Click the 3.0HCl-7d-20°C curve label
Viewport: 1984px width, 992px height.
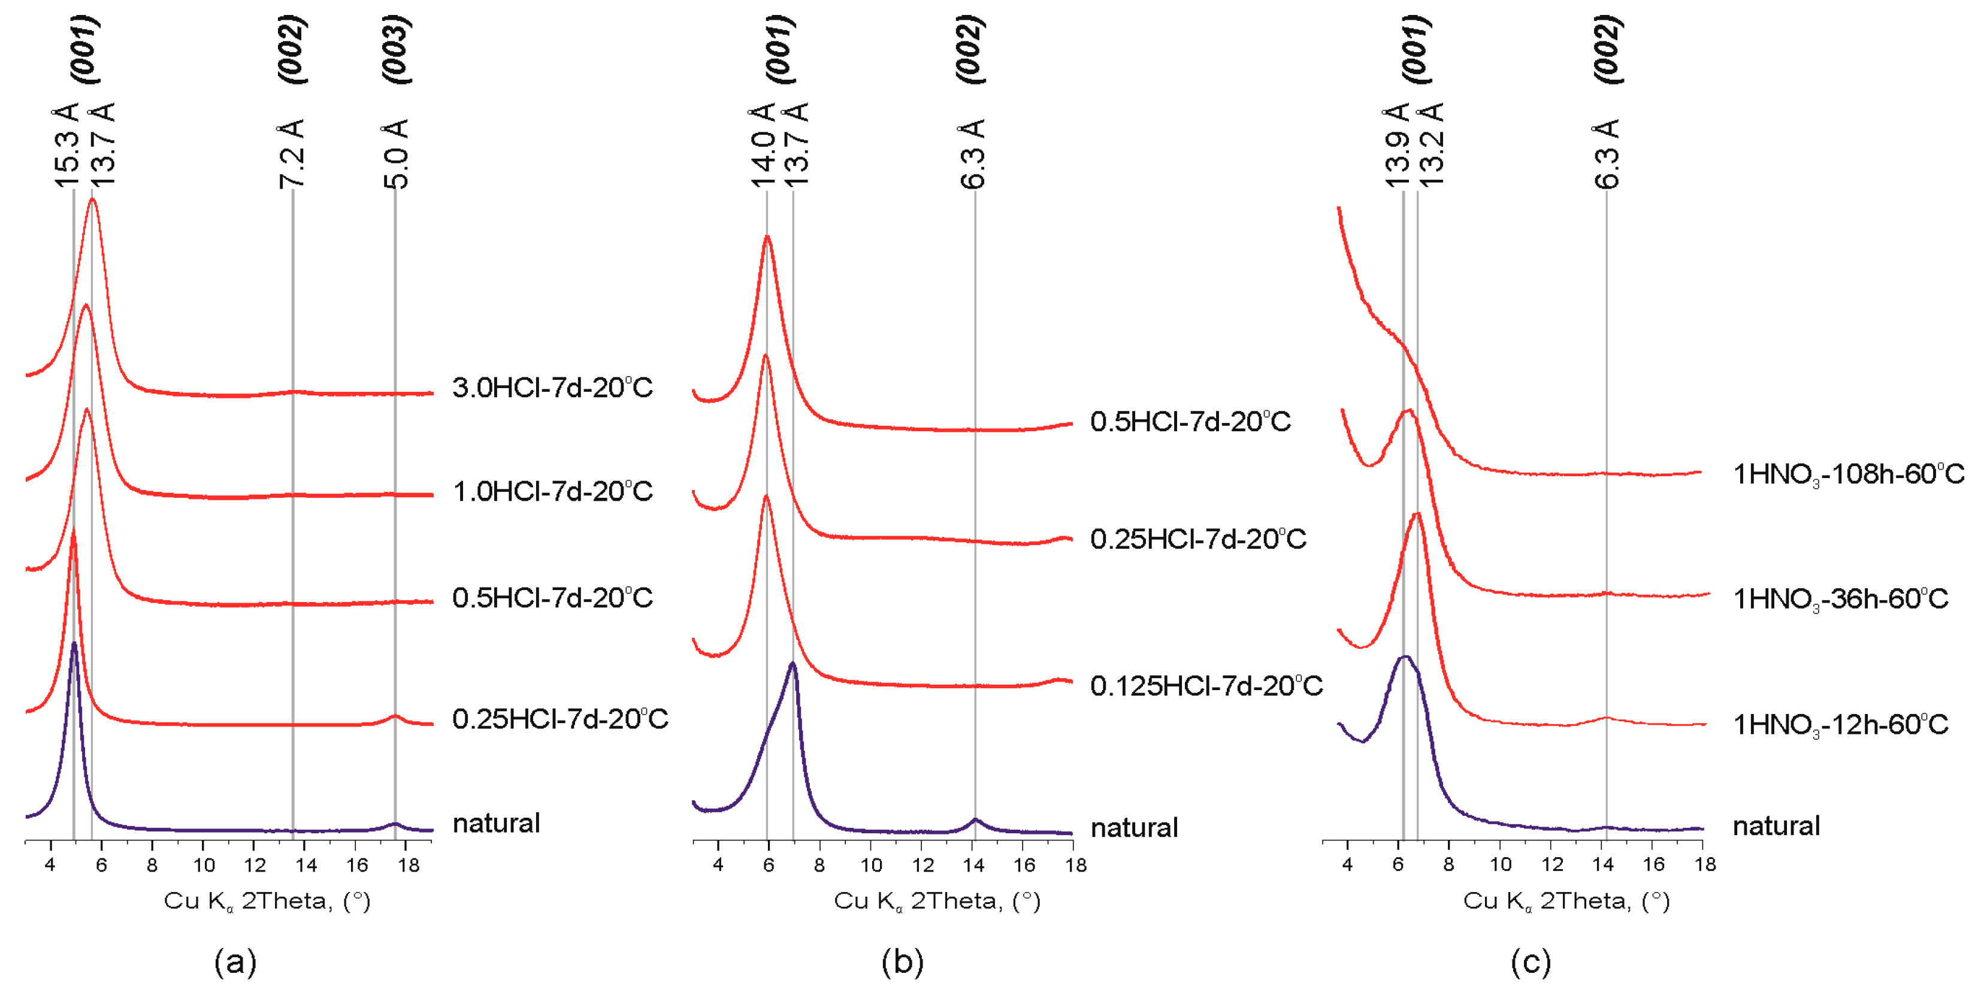coord(552,388)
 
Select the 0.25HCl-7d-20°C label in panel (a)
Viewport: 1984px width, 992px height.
coord(560,719)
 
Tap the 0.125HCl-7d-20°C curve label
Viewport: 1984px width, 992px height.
coord(1206,685)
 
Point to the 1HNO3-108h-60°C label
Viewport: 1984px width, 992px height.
coord(1849,474)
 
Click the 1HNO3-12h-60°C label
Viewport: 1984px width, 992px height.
coord(1841,725)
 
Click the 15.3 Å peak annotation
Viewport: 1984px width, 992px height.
coord(66,145)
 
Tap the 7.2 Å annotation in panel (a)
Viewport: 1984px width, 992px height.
coord(292,153)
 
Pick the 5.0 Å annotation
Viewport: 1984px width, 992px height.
coord(396,153)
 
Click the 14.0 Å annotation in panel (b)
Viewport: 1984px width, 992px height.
coord(762,145)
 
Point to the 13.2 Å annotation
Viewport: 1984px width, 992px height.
coord(1430,145)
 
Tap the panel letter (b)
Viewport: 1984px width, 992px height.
coord(902,962)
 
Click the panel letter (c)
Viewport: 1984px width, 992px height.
coord(1531,962)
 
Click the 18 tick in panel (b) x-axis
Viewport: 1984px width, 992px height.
coord(1075,865)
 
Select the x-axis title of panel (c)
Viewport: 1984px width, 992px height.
coord(1566,901)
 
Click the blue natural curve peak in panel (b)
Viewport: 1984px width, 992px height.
coord(793,664)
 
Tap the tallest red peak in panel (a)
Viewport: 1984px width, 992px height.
coord(93,200)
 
